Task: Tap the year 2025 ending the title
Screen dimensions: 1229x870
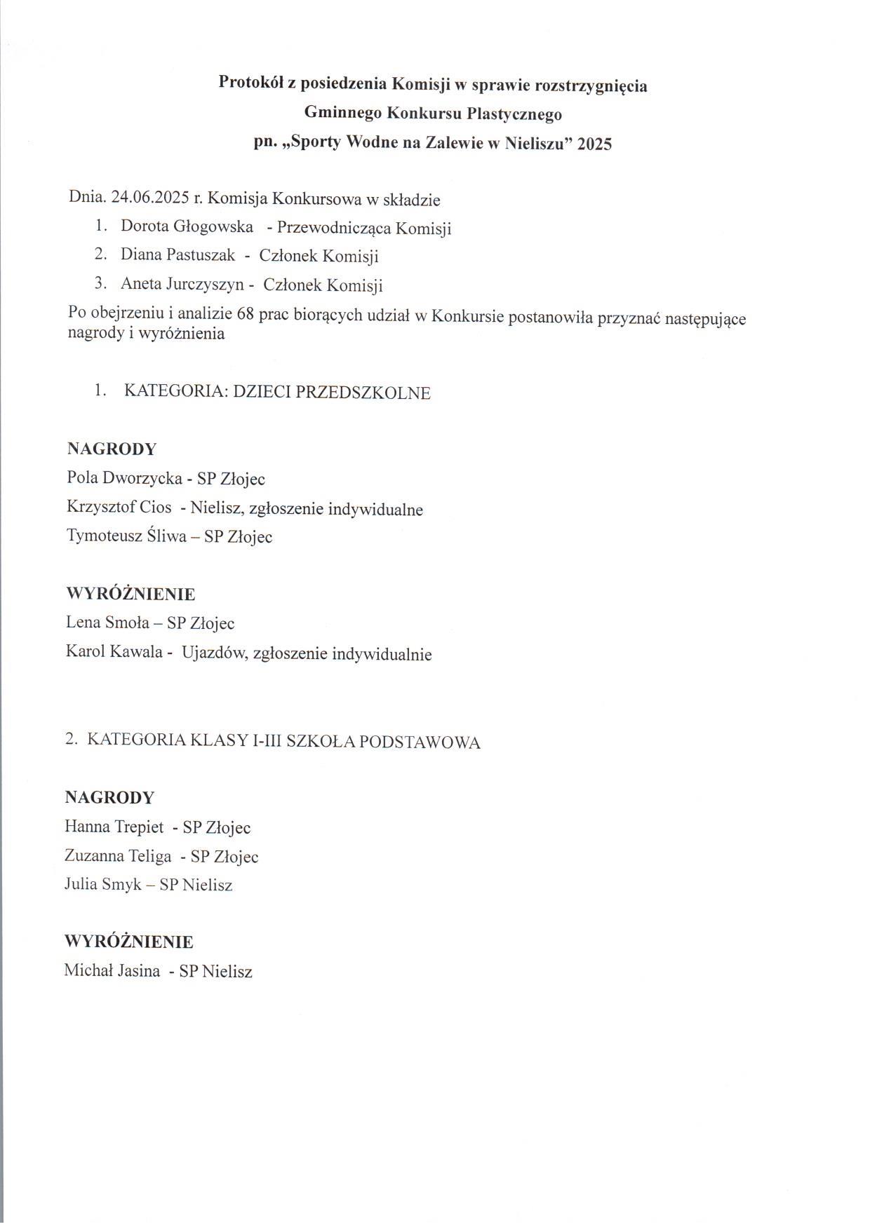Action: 594,144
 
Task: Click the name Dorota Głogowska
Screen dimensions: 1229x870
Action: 187,226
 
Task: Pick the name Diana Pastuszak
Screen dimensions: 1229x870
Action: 178,255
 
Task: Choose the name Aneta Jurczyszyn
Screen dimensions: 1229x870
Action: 182,284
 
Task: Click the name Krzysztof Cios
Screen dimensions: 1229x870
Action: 119,508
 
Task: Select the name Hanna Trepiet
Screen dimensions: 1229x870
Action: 114,827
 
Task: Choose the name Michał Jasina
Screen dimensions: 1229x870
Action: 112,971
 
